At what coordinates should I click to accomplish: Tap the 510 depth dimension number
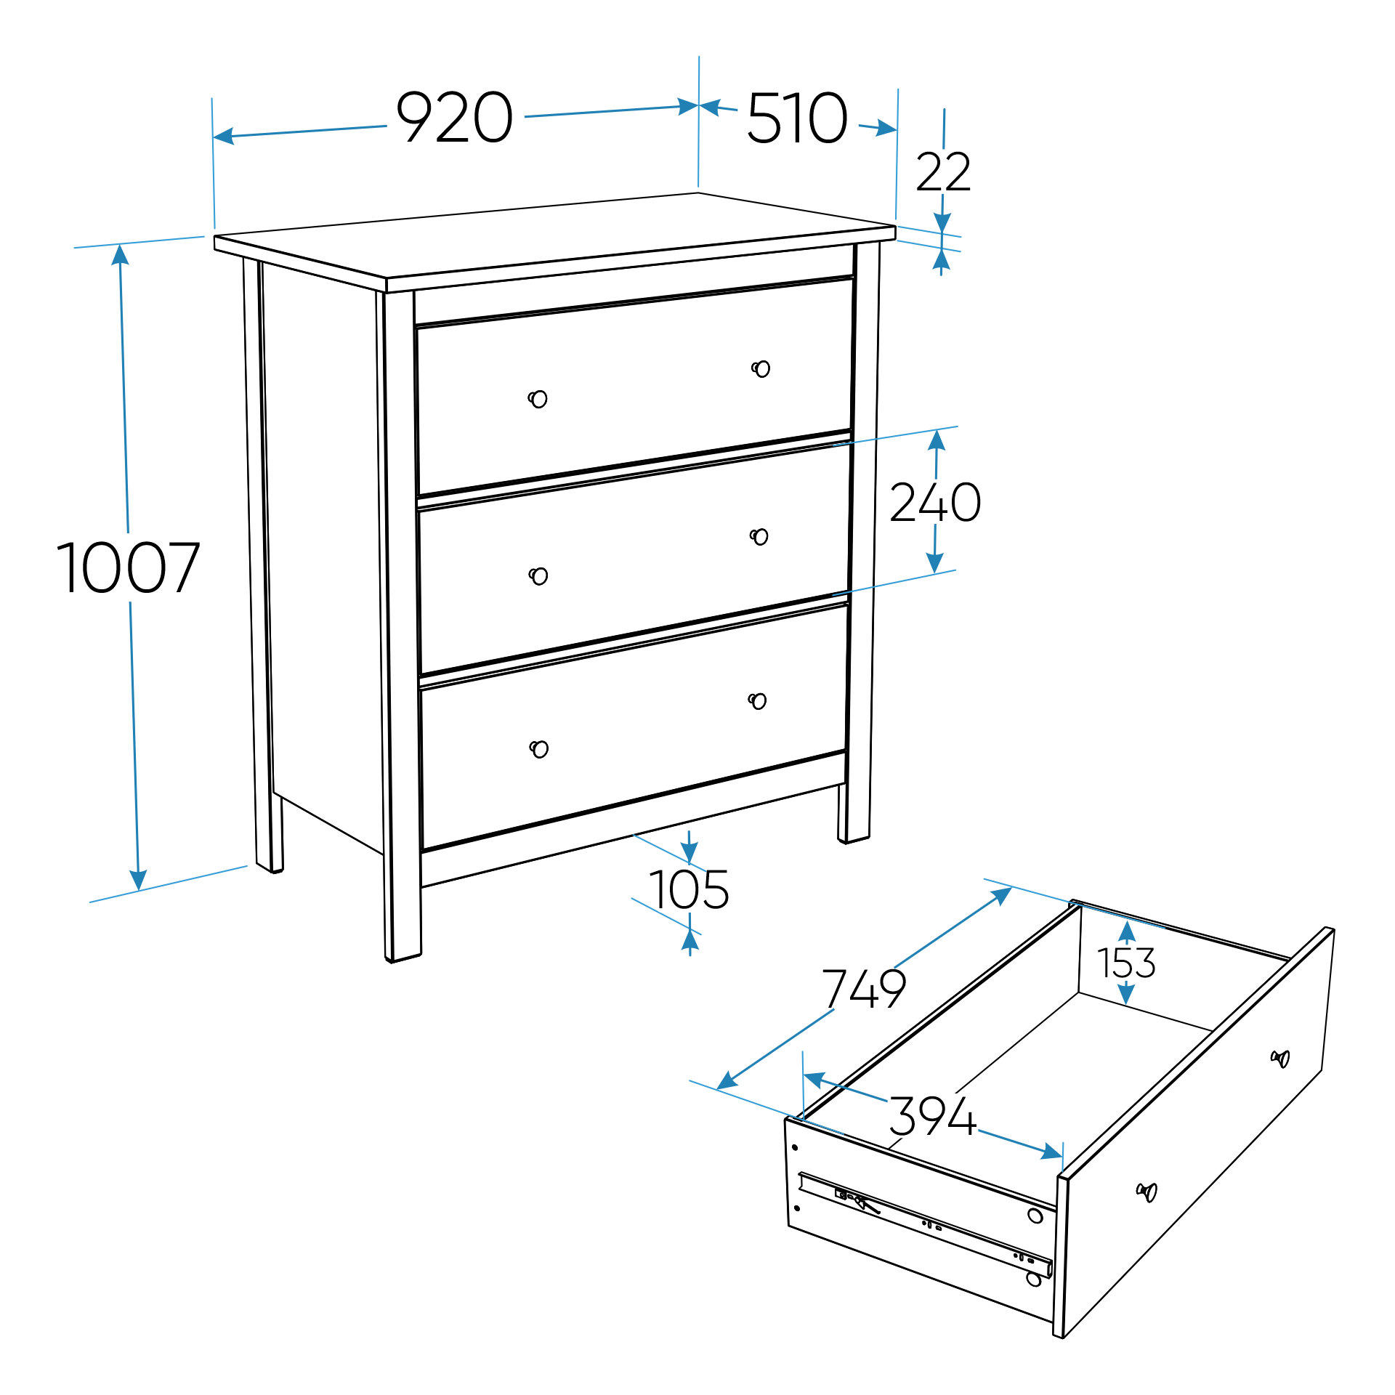[797, 118]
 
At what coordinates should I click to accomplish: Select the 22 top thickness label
[943, 173]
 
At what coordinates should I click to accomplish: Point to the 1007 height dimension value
[128, 568]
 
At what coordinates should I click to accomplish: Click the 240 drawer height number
[935, 503]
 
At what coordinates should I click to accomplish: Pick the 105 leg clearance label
[689, 890]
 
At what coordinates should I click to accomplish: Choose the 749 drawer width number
[864, 989]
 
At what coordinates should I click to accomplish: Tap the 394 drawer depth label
[933, 1117]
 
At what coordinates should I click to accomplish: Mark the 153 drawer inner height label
[1126, 963]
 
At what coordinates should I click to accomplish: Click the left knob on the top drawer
[538, 399]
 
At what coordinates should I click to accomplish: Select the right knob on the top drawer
[761, 369]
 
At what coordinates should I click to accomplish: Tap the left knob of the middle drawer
[538, 576]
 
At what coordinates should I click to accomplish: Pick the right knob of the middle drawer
[759, 537]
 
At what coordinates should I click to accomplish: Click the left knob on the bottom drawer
[539, 749]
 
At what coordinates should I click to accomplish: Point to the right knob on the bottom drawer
[757, 701]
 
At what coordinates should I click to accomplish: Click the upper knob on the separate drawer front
[1280, 1059]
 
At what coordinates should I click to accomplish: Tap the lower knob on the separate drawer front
[1147, 1192]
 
